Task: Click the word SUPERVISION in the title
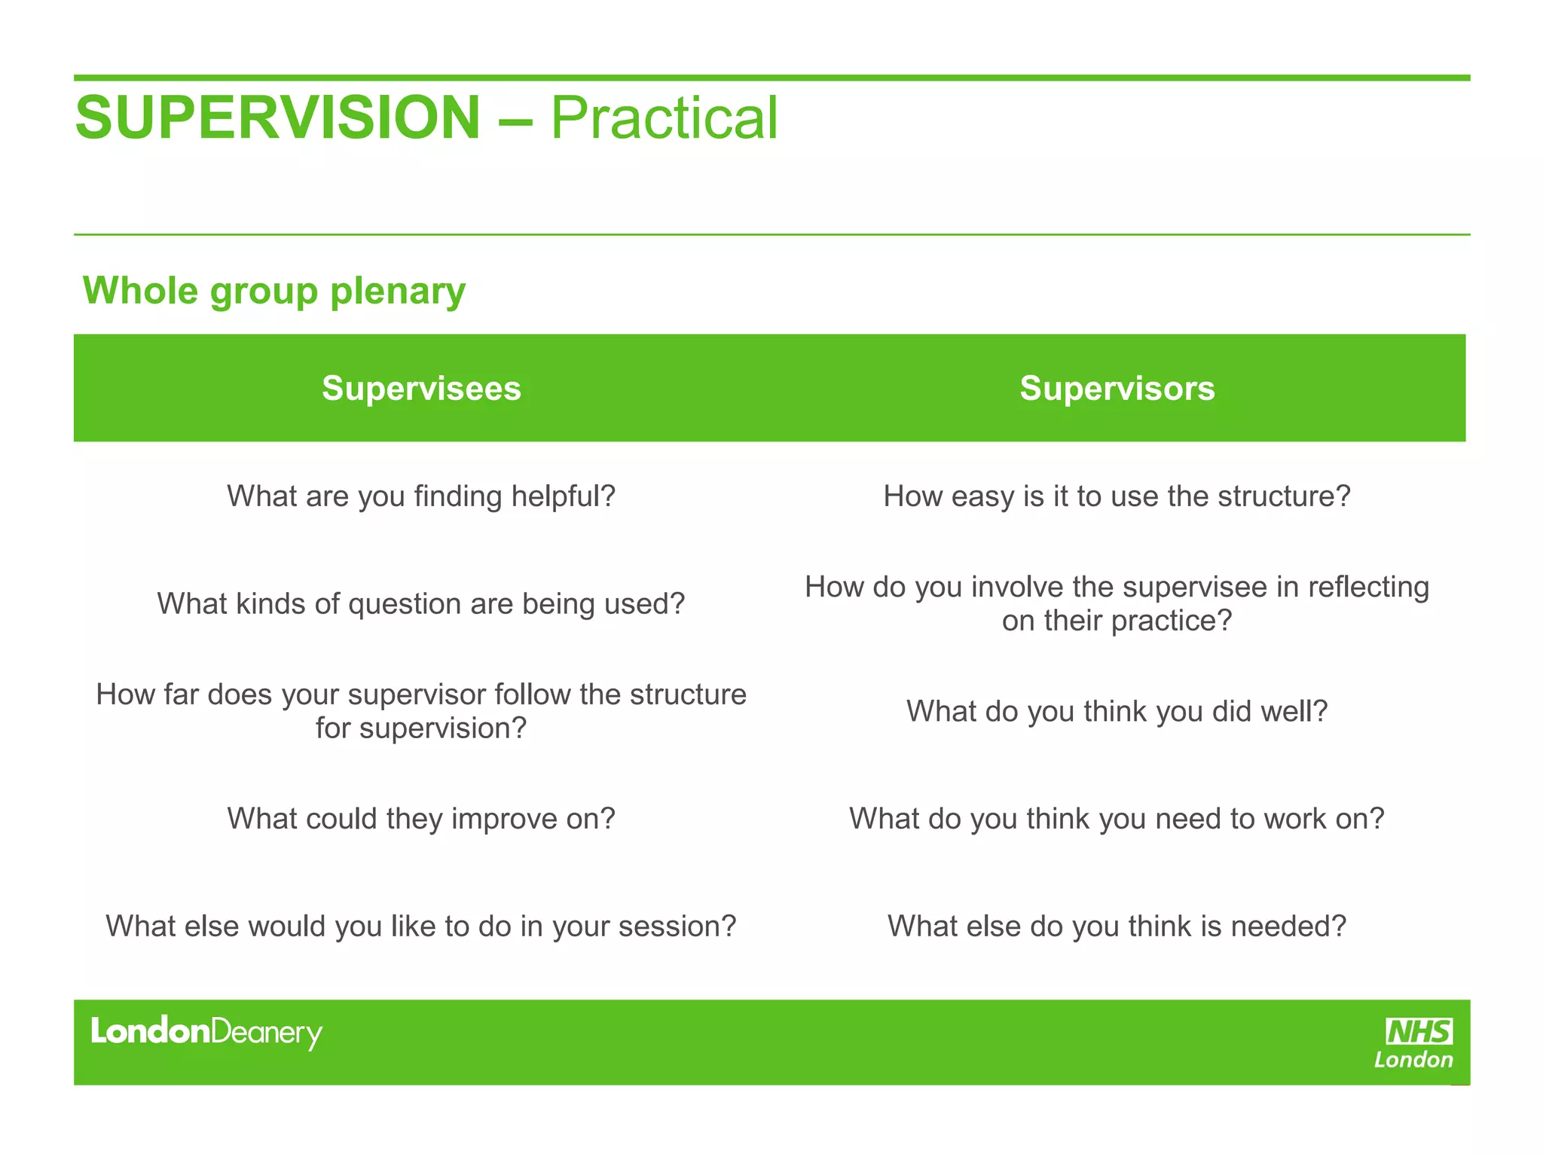[x=277, y=118]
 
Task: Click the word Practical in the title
[x=664, y=118]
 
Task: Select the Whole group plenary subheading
[x=274, y=291]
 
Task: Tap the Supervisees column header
[x=421, y=389]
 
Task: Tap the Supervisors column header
[x=1117, y=389]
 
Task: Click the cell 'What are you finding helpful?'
[x=421, y=496]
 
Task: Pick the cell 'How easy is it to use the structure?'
[x=1117, y=496]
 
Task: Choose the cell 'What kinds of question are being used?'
[x=421, y=604]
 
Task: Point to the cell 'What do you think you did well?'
[x=1117, y=712]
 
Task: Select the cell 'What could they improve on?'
[x=421, y=819]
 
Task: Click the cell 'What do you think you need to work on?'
[x=1117, y=819]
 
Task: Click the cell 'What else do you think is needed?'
[x=1117, y=927]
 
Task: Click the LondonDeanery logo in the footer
[x=206, y=1033]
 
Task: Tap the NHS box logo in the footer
[x=1419, y=1031]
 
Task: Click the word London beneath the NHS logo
[x=1413, y=1061]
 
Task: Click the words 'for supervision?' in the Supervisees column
[x=421, y=728]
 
